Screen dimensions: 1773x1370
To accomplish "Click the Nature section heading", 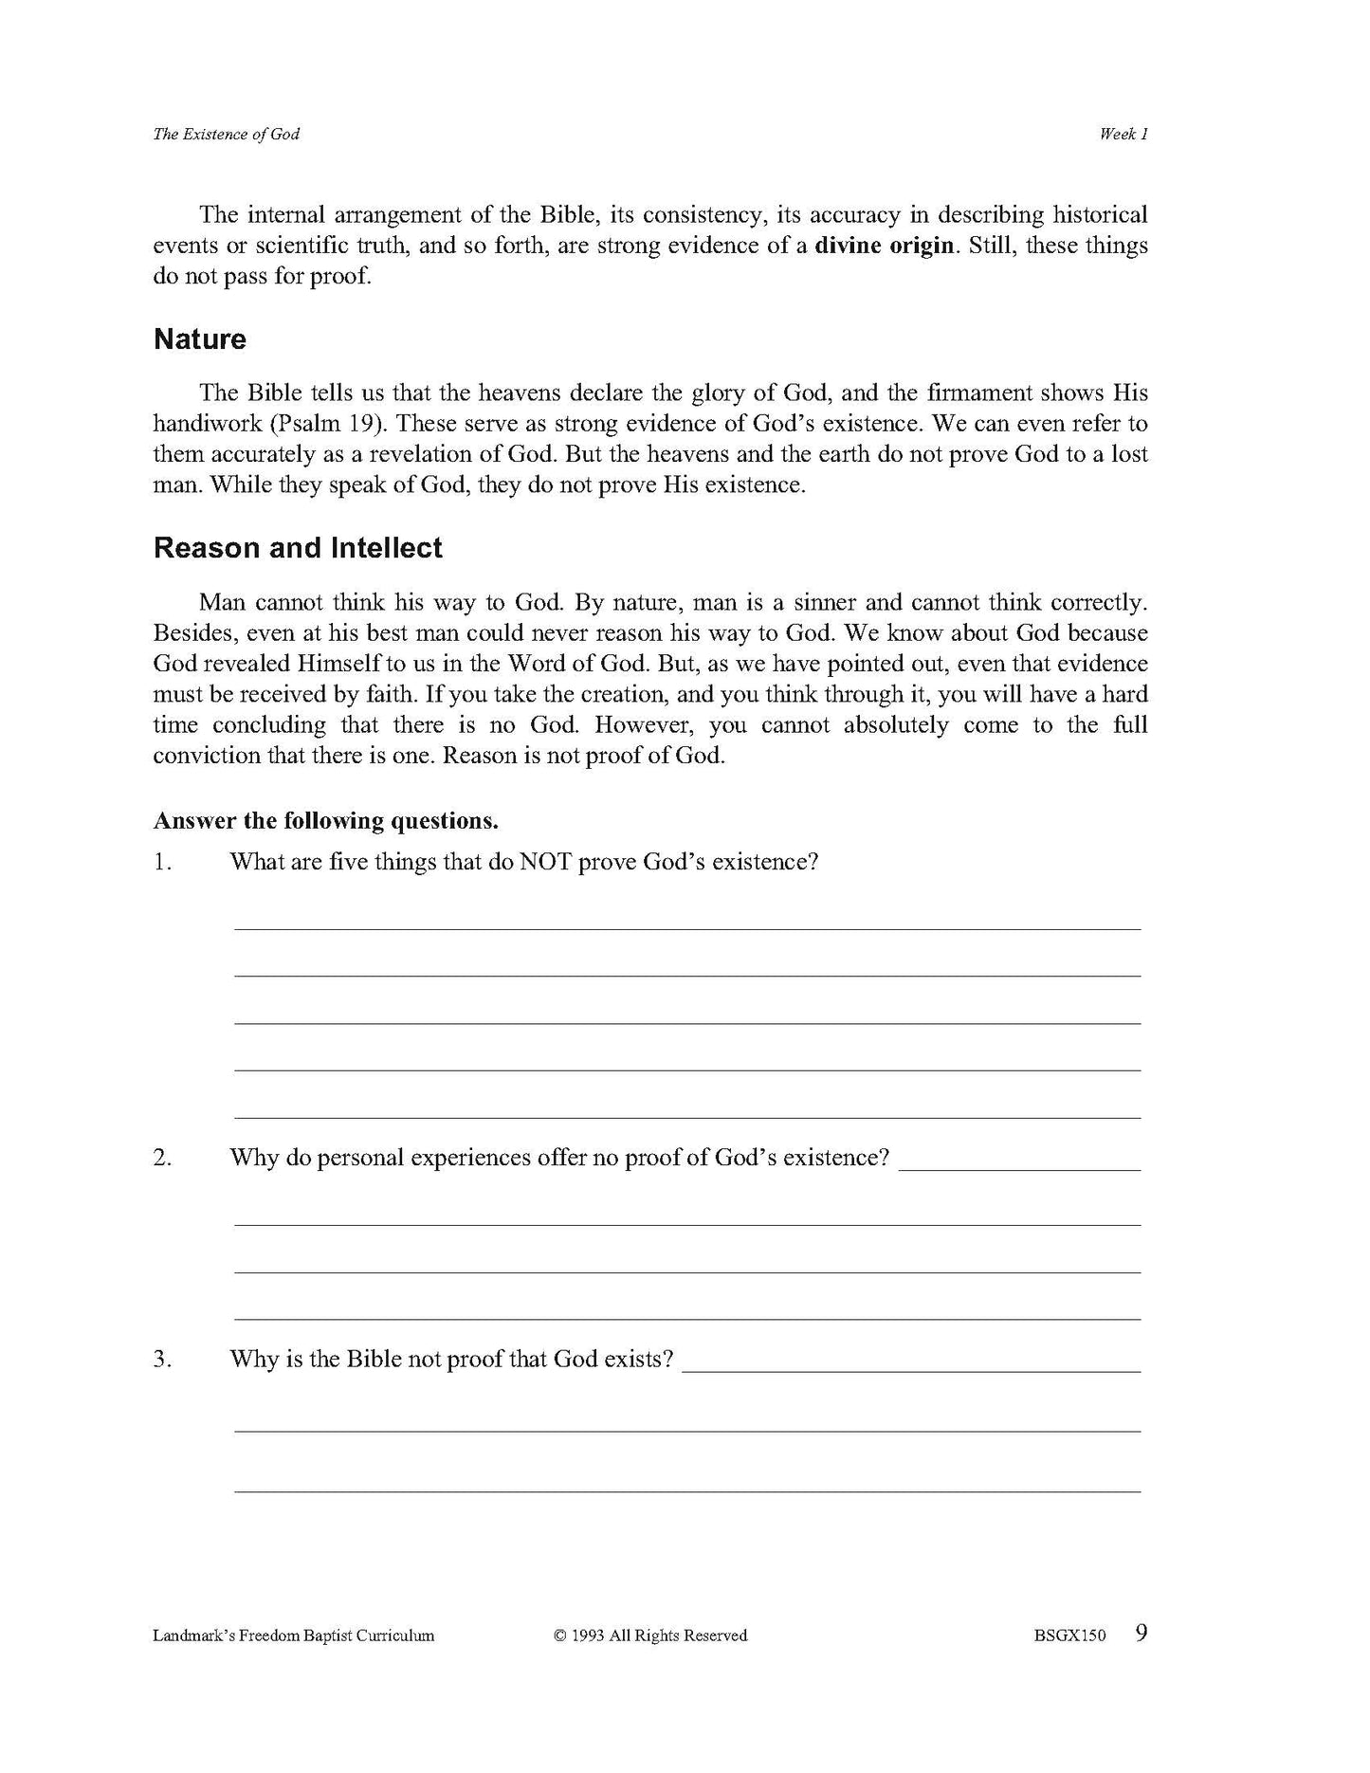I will coord(199,339).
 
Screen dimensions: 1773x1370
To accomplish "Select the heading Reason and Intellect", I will coord(298,548).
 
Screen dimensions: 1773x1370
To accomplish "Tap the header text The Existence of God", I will coord(226,134).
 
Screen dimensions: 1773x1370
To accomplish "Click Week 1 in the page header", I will coord(1123,134).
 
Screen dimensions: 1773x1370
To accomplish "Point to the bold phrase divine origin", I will coord(884,246).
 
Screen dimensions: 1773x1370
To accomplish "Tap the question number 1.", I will coord(162,862).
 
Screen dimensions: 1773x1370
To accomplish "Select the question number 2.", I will coord(162,1158).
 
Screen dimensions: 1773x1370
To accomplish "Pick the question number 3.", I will coord(162,1359).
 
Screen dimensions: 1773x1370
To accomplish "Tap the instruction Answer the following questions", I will coord(326,820).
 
